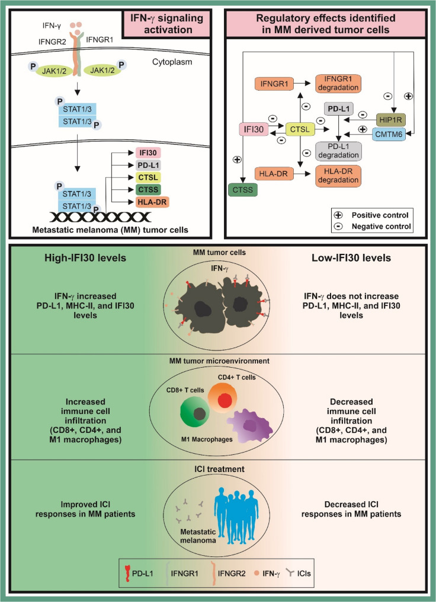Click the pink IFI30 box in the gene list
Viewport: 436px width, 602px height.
(148, 153)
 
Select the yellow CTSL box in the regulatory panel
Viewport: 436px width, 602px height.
(300, 129)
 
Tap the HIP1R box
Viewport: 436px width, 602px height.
(391, 120)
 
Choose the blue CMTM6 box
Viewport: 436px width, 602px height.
(389, 135)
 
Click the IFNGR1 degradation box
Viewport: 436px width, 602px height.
(338, 83)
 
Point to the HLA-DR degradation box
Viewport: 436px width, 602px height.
(338, 176)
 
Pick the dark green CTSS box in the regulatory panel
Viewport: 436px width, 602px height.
(243, 190)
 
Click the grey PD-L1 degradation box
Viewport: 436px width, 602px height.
(338, 151)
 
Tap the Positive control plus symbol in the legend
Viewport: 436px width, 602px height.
(339, 215)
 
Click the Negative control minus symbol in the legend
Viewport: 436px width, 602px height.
(339, 227)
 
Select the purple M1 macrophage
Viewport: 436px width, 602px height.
(250, 425)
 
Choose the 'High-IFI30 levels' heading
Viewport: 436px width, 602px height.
(85, 257)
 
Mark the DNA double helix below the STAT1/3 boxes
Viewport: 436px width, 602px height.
(101, 217)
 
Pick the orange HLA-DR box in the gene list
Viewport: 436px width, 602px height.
(152, 202)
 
